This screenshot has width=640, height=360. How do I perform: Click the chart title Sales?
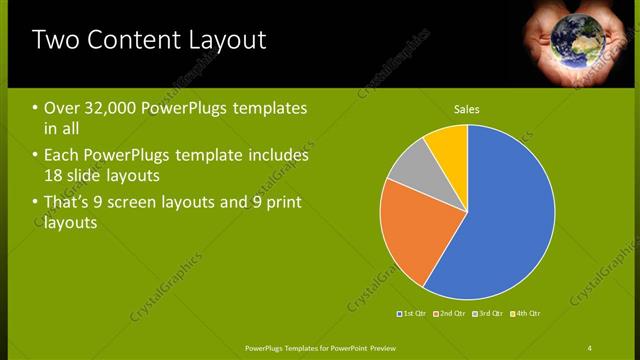(x=467, y=108)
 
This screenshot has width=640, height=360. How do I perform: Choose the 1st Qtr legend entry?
(x=413, y=314)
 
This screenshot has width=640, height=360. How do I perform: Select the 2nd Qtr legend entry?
(x=451, y=314)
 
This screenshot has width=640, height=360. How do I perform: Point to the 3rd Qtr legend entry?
(x=488, y=314)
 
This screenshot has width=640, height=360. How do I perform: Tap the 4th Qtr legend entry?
(x=526, y=314)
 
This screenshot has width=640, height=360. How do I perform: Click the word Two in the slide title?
(x=58, y=40)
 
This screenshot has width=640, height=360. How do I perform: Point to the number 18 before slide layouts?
(x=53, y=176)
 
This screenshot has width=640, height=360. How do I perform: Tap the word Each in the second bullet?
(x=63, y=156)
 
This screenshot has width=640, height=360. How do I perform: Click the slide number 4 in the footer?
(x=589, y=347)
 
